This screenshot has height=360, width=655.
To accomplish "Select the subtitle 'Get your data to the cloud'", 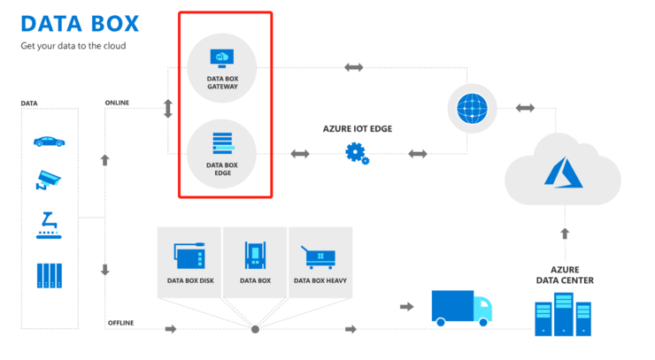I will point(73,45).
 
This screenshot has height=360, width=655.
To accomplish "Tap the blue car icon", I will point(49,141).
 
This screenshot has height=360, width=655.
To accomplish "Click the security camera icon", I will point(49,180).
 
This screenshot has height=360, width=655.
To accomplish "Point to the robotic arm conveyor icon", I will point(49,225).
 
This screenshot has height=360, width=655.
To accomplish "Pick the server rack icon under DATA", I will point(50,275).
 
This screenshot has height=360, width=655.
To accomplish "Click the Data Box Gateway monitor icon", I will point(221,58).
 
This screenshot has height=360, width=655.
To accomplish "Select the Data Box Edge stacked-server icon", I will point(221,142).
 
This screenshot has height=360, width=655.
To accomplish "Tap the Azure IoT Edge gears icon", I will point(358,154).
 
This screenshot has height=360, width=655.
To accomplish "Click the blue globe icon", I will point(472,108).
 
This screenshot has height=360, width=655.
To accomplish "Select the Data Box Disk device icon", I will point(190,257).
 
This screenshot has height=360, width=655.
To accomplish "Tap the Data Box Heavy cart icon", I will point(319,257).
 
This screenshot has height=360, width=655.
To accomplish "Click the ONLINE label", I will point(117,103).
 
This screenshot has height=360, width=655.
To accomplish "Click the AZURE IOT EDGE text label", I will point(357,128).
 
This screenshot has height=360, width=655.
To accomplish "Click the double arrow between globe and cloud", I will point(525,108).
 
